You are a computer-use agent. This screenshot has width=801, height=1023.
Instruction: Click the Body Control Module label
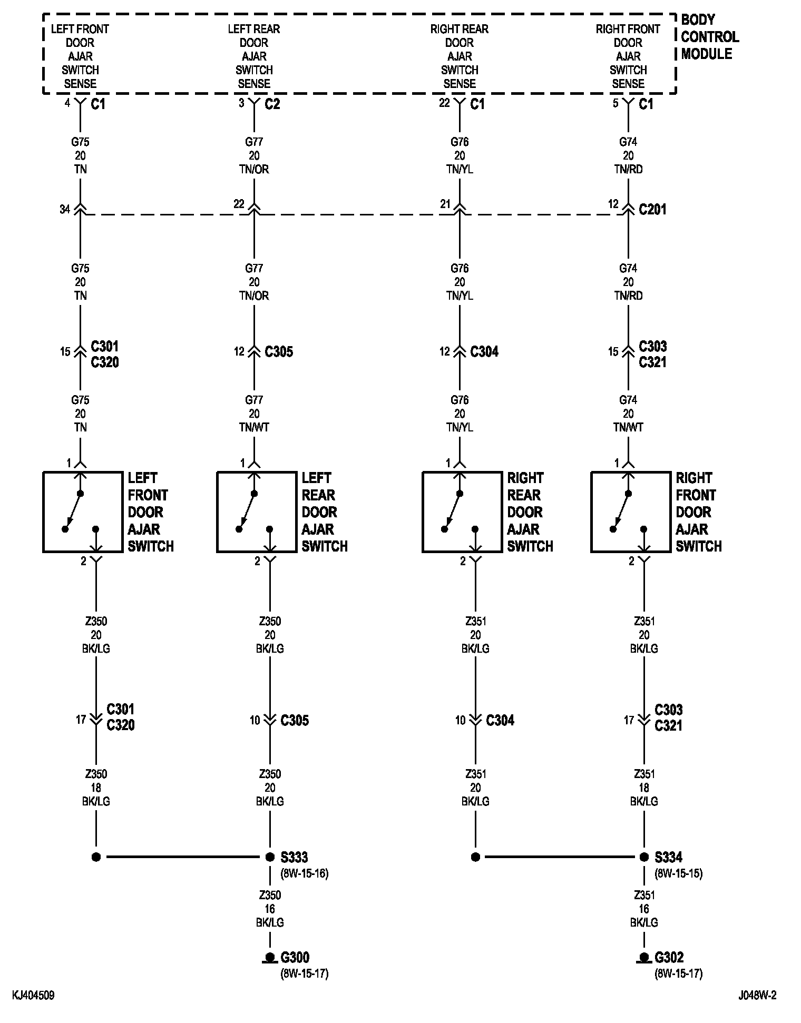(x=709, y=37)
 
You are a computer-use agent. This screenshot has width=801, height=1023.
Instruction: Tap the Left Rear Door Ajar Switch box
(x=256, y=512)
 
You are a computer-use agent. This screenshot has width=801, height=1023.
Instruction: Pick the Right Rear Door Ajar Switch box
(x=462, y=512)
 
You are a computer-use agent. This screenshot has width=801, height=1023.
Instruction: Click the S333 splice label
(x=294, y=857)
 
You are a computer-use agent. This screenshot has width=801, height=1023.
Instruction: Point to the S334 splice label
(x=668, y=857)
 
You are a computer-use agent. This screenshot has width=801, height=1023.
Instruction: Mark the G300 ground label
(x=295, y=957)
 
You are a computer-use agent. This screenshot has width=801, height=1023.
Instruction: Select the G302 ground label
(x=669, y=957)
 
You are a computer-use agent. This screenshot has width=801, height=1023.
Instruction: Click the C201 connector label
(x=652, y=210)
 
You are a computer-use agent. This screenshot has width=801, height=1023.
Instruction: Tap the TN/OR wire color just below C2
(x=254, y=169)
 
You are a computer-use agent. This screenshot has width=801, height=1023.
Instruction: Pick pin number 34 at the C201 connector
(x=64, y=210)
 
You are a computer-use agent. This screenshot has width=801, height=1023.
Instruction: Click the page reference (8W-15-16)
(x=304, y=873)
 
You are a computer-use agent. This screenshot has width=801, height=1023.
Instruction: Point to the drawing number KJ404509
(x=33, y=996)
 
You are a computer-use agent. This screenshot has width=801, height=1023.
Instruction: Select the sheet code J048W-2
(x=757, y=996)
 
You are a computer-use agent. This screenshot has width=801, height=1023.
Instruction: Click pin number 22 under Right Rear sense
(x=444, y=103)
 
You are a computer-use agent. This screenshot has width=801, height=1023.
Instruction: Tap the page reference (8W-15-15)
(x=678, y=873)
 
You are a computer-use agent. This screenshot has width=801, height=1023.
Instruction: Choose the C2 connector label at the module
(x=272, y=104)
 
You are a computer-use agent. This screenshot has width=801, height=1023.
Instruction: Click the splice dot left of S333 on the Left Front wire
(x=96, y=857)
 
